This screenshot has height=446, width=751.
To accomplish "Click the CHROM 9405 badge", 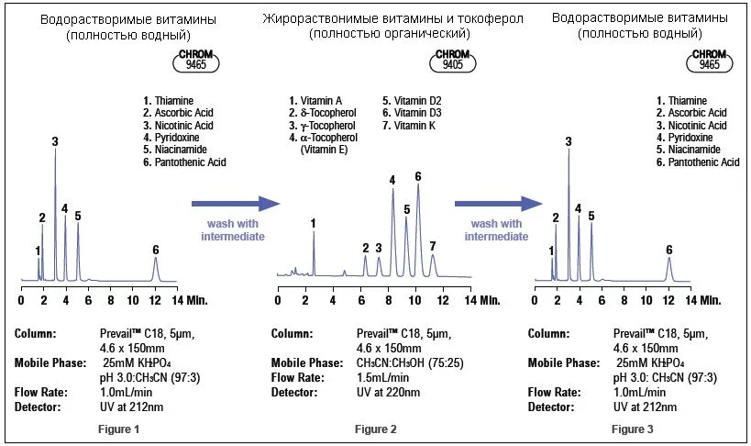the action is pyautogui.click(x=453, y=61).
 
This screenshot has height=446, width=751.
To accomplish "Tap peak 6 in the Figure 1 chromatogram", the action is pyautogui.click(x=155, y=269).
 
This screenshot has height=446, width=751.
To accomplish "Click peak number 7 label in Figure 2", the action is pyautogui.click(x=433, y=247).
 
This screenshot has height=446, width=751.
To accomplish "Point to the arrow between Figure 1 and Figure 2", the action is pyautogui.click(x=236, y=204).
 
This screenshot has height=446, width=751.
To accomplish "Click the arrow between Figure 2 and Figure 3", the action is pyautogui.click(x=499, y=204).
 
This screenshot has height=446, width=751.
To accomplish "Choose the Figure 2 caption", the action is pyautogui.click(x=376, y=429).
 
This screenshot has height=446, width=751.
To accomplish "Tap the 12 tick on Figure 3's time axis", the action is pyautogui.click(x=668, y=301).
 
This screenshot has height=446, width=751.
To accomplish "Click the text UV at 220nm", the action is pyautogui.click(x=388, y=392).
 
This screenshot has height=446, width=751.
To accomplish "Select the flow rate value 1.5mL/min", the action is pyautogui.click(x=382, y=377).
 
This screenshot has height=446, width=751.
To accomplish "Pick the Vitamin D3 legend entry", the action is pyautogui.click(x=412, y=113).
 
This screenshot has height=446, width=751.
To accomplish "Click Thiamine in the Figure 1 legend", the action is pyautogui.click(x=168, y=101).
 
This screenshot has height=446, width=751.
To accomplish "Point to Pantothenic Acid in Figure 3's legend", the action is pyautogui.click(x=698, y=162).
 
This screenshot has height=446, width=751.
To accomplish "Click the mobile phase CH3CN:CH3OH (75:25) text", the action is pyautogui.click(x=410, y=363).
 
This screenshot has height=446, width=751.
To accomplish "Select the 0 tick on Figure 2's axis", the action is pyautogui.click(x=278, y=301).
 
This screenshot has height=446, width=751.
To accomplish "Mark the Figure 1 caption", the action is pyautogui.click(x=119, y=429).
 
